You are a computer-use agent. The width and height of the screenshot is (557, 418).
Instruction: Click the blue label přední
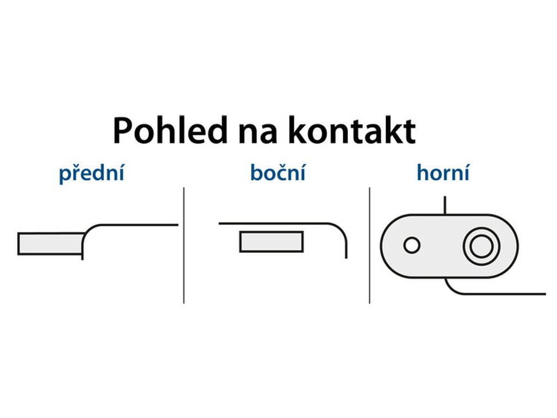click(x=91, y=174)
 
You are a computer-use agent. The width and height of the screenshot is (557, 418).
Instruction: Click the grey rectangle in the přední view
click(x=51, y=243)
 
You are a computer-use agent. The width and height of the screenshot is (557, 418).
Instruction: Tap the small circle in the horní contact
click(x=412, y=245)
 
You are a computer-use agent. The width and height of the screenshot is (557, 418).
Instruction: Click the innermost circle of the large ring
click(x=480, y=247)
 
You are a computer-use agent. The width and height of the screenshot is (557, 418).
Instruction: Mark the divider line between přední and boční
click(x=184, y=245)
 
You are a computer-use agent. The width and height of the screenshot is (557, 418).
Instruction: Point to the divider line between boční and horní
click(x=369, y=245)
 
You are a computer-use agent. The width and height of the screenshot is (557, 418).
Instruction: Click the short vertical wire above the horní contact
click(x=445, y=205)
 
